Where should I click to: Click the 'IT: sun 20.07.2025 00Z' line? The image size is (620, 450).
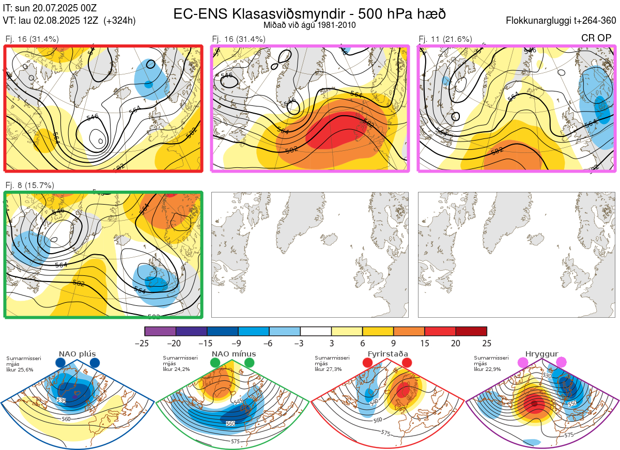[x=50, y=8]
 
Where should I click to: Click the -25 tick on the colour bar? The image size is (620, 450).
[x=145, y=343]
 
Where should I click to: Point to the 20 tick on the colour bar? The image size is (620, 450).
[x=456, y=343]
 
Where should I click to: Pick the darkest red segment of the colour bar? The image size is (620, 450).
[x=471, y=331]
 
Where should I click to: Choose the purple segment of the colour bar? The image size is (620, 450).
[x=161, y=331]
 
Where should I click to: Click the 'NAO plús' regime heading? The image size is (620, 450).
[x=77, y=354]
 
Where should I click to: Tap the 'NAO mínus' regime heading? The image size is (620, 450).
[x=234, y=354]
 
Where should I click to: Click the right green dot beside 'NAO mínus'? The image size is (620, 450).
[x=250, y=363]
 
